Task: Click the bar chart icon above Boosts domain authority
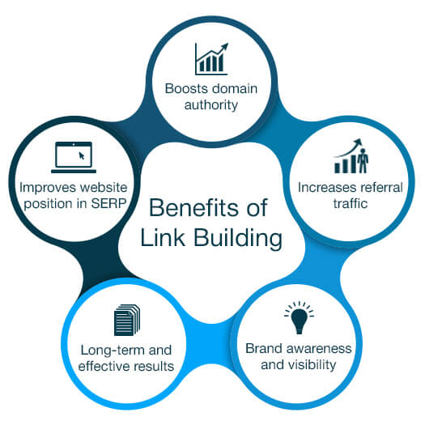[211, 59]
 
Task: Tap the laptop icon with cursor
[72, 157]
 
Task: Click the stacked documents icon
[126, 319]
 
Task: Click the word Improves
[42, 186]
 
